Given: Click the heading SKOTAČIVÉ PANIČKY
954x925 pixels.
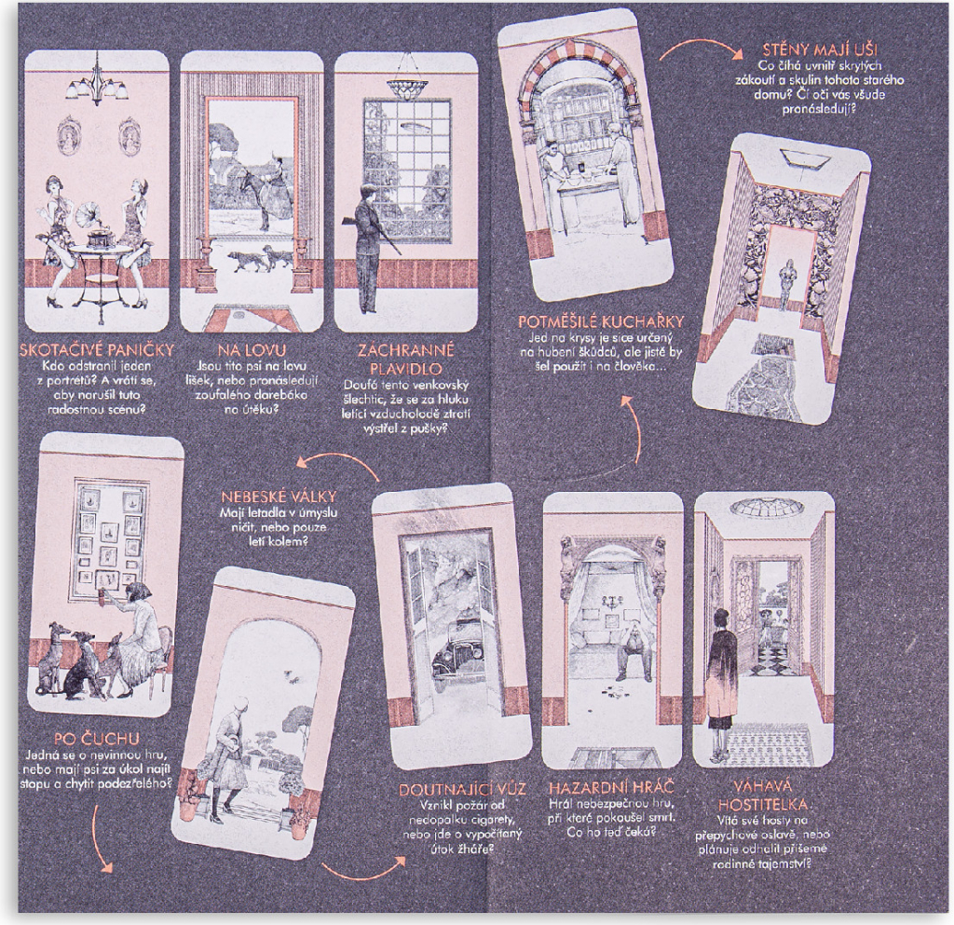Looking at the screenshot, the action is coord(97,349).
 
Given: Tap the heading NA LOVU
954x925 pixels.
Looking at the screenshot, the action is coord(252,350).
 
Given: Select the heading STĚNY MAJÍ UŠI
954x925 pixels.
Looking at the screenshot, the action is coord(820,49).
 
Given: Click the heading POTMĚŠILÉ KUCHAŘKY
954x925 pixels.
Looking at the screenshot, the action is coord(601,321).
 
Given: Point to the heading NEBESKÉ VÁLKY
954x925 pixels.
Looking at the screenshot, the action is coord(279,497).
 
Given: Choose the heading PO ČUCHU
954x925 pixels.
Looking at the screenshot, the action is coord(97,740).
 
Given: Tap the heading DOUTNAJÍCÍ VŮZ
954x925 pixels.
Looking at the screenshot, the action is coord(462,789).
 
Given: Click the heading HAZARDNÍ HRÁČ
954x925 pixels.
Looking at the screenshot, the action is coord(611,788).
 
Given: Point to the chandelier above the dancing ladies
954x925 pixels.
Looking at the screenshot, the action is coord(97,80).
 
